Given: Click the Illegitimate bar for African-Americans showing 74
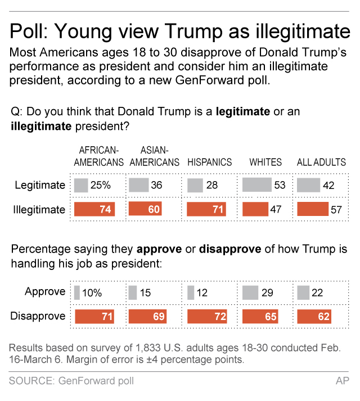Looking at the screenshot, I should [94, 210].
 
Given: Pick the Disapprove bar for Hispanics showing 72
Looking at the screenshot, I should [206, 317].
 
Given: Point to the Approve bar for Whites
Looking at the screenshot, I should [250, 292].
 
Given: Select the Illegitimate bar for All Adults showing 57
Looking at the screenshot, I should [312, 210].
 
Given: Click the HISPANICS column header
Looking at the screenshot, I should [209, 163].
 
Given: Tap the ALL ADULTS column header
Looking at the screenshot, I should [321, 163].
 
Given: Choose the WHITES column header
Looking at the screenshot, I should [265, 163].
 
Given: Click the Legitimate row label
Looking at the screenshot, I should [40, 185].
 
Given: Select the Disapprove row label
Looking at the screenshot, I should [38, 317].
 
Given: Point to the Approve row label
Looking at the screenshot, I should [44, 292].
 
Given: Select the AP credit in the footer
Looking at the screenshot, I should [342, 381].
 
